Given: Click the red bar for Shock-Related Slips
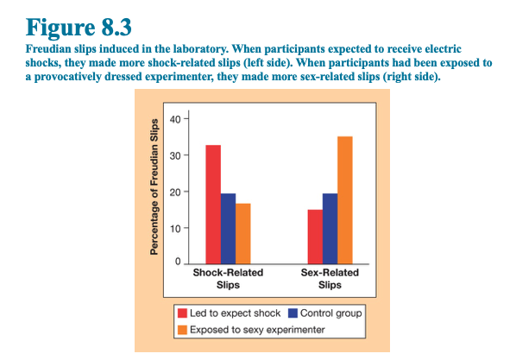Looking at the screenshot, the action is [213, 205].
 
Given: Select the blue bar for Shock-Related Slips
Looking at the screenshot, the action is [228, 229].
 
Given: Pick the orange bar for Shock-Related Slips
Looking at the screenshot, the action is [242, 233].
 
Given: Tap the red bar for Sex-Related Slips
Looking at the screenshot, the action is [315, 237].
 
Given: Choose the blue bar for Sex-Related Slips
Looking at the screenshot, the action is [330, 229].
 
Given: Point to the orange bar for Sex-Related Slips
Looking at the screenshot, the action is [345, 200].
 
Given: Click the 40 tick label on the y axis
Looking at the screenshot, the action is [175, 119].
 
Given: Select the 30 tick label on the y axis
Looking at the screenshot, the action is [175, 155].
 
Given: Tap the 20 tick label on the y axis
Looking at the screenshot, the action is [175, 192].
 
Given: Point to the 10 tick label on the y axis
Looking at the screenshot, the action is [175, 228].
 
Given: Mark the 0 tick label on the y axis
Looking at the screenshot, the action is [178, 262].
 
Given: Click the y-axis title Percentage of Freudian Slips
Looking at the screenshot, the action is [154, 186].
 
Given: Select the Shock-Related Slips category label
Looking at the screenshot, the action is [228, 279].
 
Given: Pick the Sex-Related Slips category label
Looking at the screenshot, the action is [330, 279].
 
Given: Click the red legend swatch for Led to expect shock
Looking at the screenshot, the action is [182, 313].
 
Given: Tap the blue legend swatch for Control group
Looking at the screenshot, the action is [293, 313].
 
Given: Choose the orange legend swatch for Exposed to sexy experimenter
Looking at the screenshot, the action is [182, 330].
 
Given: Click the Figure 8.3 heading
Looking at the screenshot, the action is [79, 28].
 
